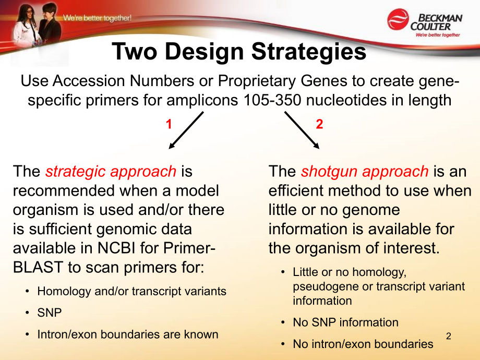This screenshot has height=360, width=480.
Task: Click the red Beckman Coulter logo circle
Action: tap(398, 19)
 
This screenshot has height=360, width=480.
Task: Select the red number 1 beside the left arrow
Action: tap(169, 124)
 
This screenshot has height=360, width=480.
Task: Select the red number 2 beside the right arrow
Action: tap(319, 124)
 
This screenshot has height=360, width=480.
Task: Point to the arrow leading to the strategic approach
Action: tap(186, 130)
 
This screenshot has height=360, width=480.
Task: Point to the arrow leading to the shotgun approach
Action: tap(302, 130)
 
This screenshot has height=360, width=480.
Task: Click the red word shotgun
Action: tap(329, 172)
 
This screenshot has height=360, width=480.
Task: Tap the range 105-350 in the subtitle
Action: tap(272, 100)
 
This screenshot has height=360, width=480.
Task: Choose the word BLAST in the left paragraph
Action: tap(38, 267)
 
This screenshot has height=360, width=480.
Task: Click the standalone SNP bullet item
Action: tap(49, 313)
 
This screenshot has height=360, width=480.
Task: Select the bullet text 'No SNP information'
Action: tap(345, 322)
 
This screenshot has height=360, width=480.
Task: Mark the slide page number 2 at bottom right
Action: tap(449, 336)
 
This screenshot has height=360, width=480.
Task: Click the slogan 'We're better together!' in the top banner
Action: tap(98, 18)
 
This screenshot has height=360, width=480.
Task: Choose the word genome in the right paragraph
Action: tap(371, 210)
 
